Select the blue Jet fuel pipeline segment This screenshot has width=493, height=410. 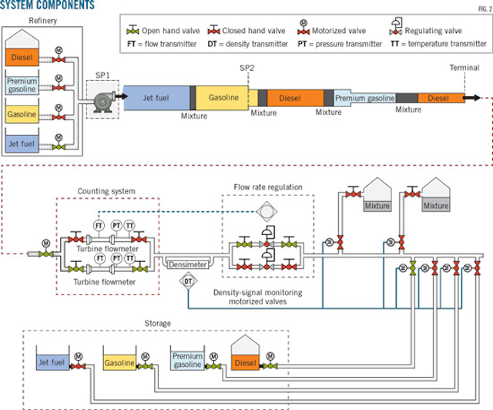157,99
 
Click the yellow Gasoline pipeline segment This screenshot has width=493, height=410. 221,99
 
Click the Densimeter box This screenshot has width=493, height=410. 187,264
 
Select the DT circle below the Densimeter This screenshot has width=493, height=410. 188,283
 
